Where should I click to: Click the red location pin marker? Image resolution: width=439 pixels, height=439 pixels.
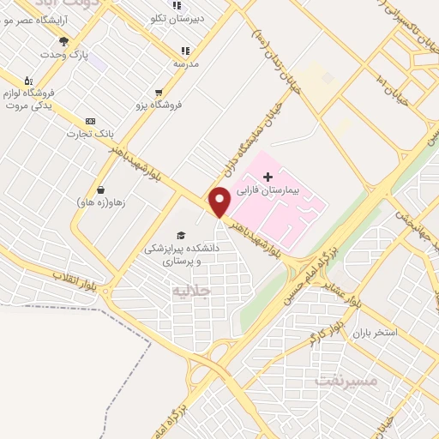coord(220,201)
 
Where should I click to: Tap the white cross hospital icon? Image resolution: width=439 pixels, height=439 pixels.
coord(268,176)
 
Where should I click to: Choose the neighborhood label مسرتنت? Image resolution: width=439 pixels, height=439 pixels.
coord(346,377)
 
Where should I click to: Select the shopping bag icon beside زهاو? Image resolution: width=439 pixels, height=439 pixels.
coord(101,189)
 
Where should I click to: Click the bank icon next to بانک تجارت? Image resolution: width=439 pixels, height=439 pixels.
coord(90,122)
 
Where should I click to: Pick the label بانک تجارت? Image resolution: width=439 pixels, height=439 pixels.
coord(90,135)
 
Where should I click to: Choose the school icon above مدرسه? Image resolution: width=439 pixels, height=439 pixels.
coord(184,50)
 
